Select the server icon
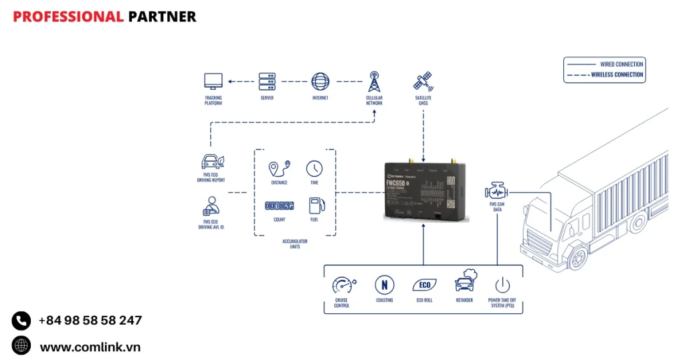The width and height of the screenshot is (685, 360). click(x=267, y=82)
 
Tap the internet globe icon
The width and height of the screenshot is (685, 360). click(x=320, y=82)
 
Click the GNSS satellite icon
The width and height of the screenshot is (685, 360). click(x=423, y=82)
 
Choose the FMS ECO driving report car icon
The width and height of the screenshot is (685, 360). click(x=212, y=161)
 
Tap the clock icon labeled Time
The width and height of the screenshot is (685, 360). click(x=314, y=169)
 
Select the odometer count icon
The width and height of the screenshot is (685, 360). click(x=280, y=205)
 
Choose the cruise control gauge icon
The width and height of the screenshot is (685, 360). click(x=342, y=285)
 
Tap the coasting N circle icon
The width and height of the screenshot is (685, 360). click(x=384, y=284)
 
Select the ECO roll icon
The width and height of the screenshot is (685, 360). click(x=424, y=284)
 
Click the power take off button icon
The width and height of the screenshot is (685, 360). click(x=502, y=284)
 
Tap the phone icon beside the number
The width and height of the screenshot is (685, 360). click(x=21, y=321)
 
